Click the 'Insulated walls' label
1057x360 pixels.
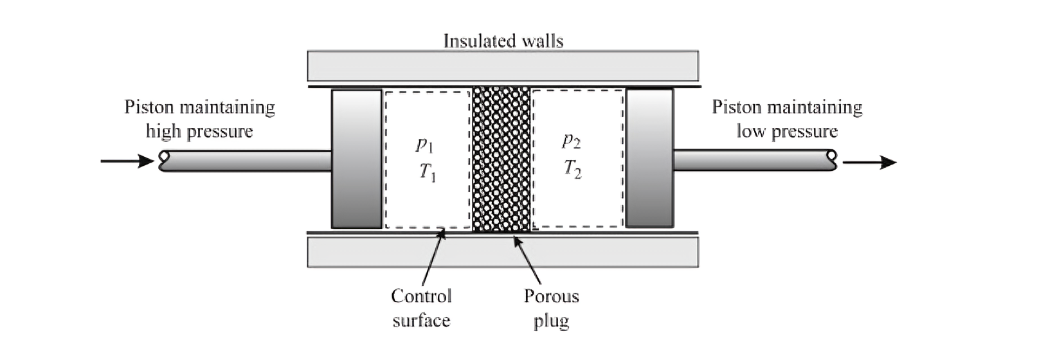point(503,41)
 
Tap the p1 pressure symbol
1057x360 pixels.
point(424,145)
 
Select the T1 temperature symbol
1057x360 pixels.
point(428,173)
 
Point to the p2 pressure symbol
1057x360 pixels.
point(572,141)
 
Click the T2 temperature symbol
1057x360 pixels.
point(573,169)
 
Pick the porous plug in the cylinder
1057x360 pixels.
point(501,159)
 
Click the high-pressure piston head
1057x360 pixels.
point(356,159)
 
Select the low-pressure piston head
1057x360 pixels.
point(649,158)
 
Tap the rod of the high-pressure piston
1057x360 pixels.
point(246,161)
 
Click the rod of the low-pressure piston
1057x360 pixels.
point(755,160)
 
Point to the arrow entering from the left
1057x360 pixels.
point(127,161)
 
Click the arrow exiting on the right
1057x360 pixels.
point(870,162)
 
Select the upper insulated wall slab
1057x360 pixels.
point(503,66)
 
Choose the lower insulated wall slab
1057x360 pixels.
point(503,252)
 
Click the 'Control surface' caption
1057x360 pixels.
point(421,308)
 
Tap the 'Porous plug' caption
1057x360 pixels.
point(551,309)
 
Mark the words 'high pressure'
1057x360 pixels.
point(199,131)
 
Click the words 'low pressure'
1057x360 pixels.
point(787,130)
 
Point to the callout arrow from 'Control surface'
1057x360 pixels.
point(433,256)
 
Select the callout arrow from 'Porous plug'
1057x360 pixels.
point(527,260)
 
